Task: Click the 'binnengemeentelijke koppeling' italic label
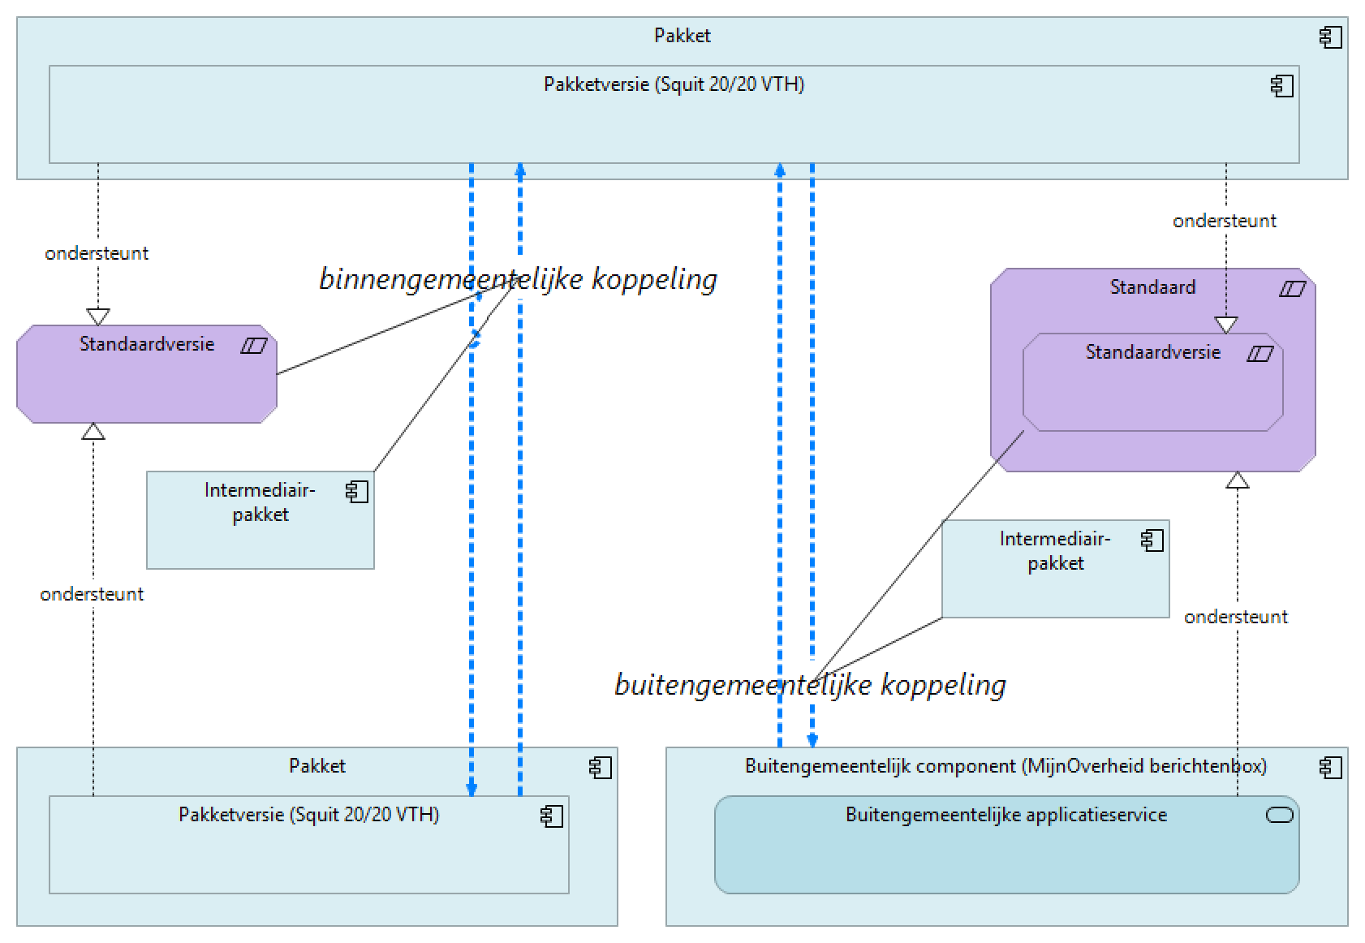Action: click(x=518, y=279)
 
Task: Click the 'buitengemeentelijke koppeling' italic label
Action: click(x=810, y=685)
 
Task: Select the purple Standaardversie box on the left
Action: click(x=146, y=381)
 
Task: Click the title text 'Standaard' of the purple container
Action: click(x=1152, y=287)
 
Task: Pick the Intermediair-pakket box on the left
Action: click(x=260, y=527)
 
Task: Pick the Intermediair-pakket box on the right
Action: click(x=1055, y=576)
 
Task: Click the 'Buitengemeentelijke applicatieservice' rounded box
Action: click(x=1006, y=852)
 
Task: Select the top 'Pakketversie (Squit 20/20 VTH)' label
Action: click(x=674, y=84)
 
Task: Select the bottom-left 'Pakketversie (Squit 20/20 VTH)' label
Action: click(x=308, y=815)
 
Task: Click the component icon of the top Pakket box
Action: click(x=1331, y=37)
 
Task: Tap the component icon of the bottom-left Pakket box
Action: click(x=601, y=768)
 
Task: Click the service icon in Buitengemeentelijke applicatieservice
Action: click(x=1280, y=816)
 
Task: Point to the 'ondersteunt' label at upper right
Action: click(x=1224, y=221)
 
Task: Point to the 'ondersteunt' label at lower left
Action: click(x=92, y=594)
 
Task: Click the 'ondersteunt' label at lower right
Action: click(x=1235, y=617)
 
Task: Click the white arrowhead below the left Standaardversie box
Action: click(x=93, y=432)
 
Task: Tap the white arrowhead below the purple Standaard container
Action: click(x=1237, y=480)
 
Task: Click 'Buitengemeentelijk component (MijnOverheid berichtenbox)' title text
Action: click(x=1005, y=766)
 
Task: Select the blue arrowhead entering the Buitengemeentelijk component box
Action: click(x=812, y=740)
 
